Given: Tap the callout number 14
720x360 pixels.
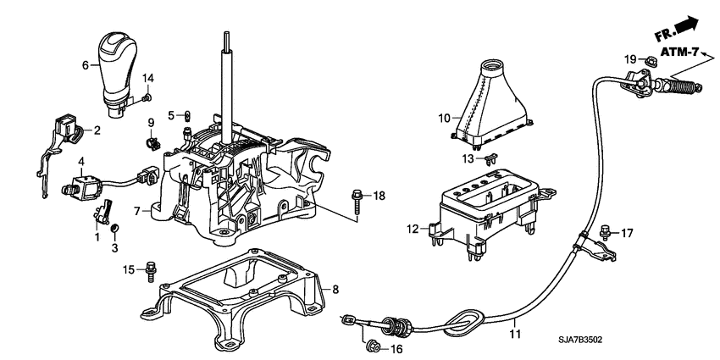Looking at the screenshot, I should (x=147, y=79).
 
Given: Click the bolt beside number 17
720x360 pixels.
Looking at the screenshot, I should (x=605, y=230).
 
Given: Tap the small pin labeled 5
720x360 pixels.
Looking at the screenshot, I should (x=188, y=115).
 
